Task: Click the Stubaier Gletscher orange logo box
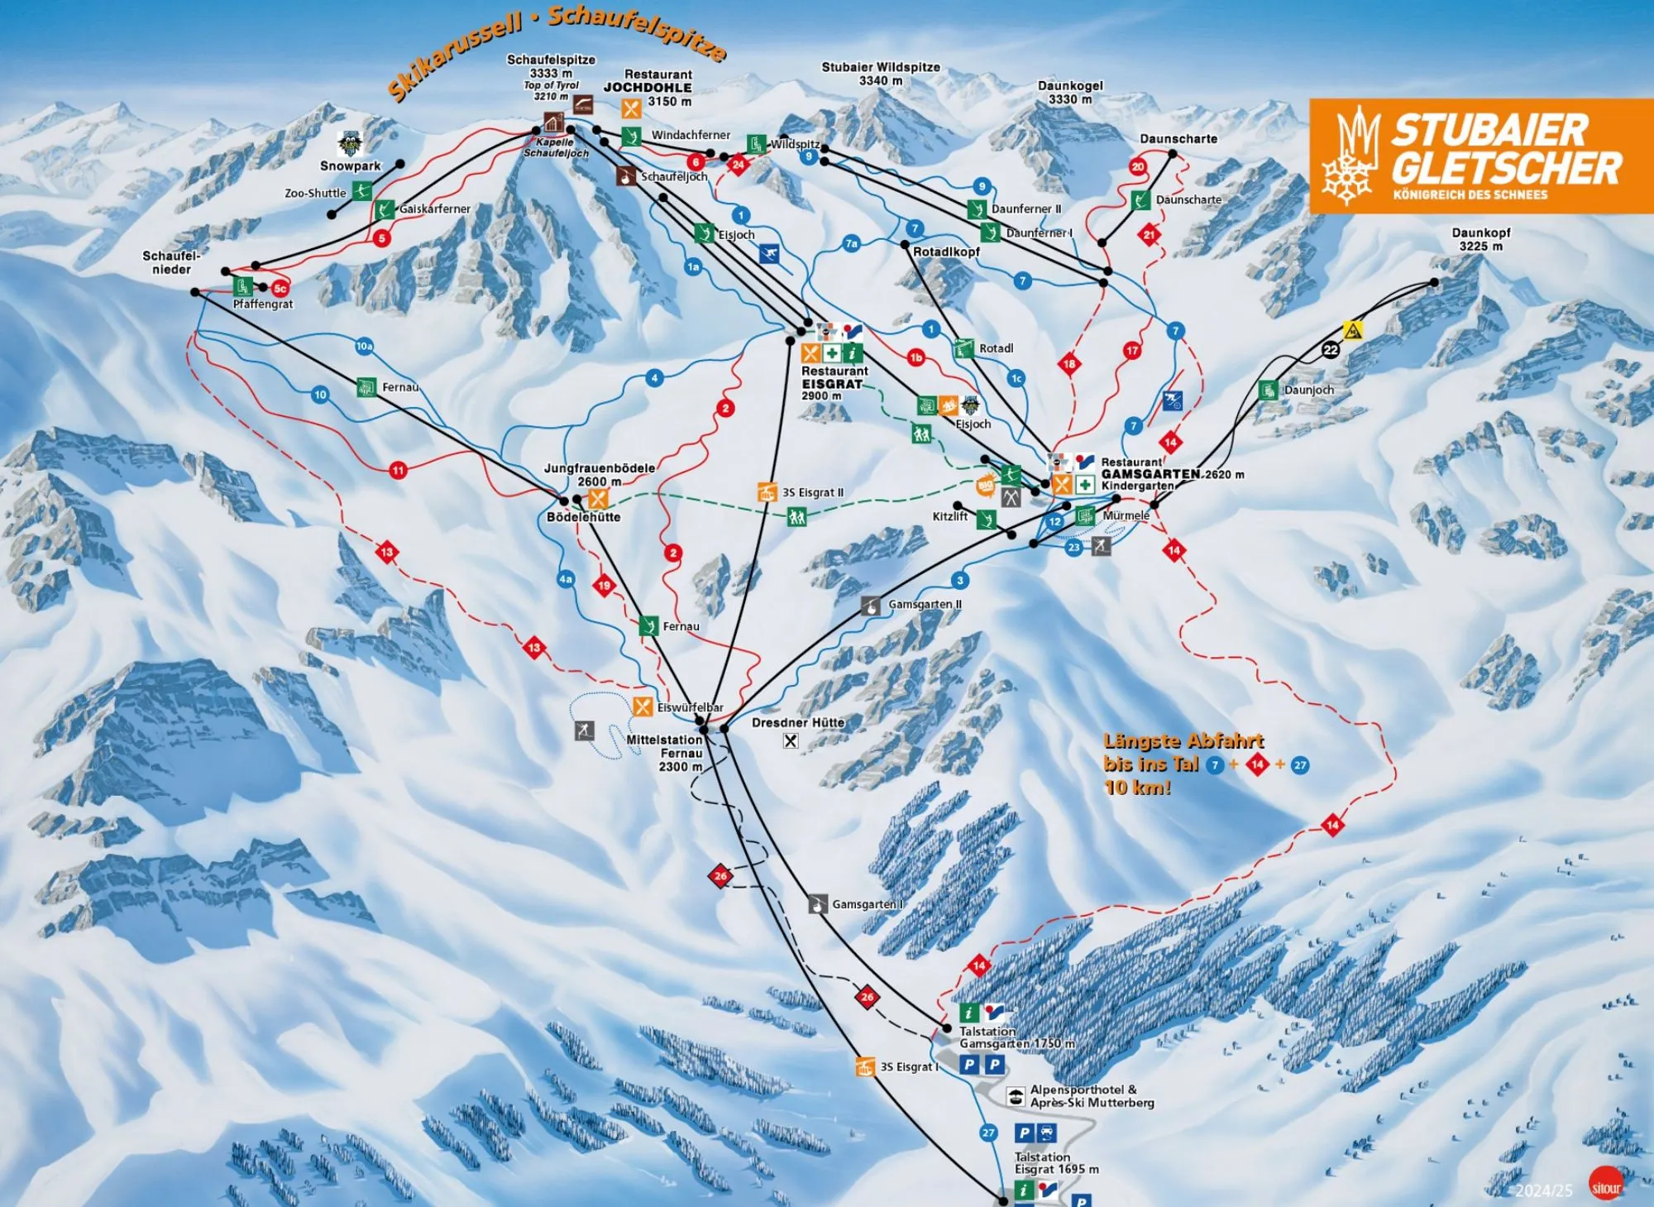(x=1480, y=156)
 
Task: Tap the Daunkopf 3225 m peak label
(x=1480, y=239)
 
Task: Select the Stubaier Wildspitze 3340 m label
(x=881, y=74)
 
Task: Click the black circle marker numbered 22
(x=1330, y=350)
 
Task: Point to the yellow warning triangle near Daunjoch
(x=1353, y=330)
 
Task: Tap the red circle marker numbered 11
(x=399, y=470)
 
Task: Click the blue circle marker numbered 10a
(x=365, y=347)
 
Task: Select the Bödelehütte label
(x=583, y=517)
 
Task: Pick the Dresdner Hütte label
(x=798, y=722)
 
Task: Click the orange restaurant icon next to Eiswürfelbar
(x=643, y=706)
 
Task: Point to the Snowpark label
(x=350, y=165)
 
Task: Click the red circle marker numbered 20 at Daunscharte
(x=1138, y=166)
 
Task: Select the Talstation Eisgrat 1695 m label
(x=1056, y=1163)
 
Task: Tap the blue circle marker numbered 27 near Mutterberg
(x=988, y=1133)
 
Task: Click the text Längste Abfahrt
(x=1183, y=741)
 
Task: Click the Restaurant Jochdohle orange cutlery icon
(x=631, y=108)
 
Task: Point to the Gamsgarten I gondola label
(x=867, y=904)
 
